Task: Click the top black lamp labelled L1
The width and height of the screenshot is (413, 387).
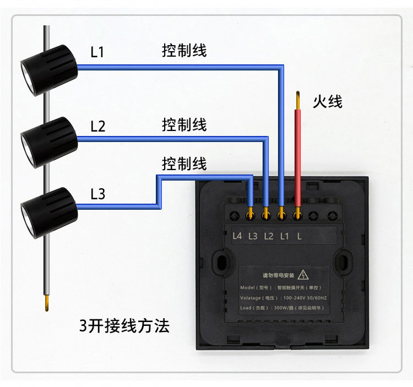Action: point(48,68)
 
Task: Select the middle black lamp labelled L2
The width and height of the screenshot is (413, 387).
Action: point(48,141)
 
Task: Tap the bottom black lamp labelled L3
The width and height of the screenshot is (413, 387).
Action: point(48,212)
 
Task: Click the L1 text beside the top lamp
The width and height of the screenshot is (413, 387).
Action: point(97,53)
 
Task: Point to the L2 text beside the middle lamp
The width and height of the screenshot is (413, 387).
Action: point(97,127)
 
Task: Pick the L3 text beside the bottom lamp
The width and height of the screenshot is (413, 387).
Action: point(97,194)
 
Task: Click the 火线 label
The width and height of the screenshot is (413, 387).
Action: point(328,102)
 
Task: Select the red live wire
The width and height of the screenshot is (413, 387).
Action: point(298,154)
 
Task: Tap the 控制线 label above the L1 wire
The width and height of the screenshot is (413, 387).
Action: point(184,51)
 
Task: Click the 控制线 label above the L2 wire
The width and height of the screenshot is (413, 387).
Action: point(184,124)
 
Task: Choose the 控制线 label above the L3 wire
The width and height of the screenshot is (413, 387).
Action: point(184,164)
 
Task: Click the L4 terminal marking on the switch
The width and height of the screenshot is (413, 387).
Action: point(237,236)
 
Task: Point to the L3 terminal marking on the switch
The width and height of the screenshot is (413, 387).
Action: point(253,236)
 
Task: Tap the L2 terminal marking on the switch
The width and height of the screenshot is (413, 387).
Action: point(269,236)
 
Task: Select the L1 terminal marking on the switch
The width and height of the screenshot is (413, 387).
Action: point(284,236)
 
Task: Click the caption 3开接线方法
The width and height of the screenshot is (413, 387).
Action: point(124,326)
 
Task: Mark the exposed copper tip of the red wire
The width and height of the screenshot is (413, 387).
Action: point(298,99)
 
